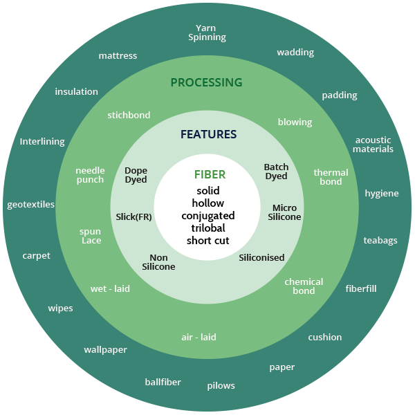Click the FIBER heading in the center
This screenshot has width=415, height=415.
tap(210, 175)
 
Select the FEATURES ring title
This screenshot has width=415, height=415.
tap(209, 134)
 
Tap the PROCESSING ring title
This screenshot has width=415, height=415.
tap(206, 82)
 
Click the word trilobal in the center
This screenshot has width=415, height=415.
tap(208, 228)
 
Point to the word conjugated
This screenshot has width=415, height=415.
tap(208, 216)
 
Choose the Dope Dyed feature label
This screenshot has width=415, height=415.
tap(136, 175)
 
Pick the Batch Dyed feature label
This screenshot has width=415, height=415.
tap(276, 172)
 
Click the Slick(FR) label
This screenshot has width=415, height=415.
tap(133, 217)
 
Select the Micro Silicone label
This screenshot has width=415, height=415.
tap(284, 212)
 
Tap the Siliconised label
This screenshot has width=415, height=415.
tap(261, 257)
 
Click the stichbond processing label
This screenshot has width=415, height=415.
tap(129, 115)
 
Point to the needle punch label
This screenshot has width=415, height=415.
tap(90, 175)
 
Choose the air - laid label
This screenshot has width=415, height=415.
tap(199, 338)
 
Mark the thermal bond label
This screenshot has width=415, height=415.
tap(331, 177)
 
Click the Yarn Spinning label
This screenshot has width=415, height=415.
tap(207, 33)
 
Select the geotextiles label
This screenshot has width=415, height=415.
tap(30, 205)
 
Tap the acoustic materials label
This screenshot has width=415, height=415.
tap(373, 145)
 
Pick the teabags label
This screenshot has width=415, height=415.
tap(380, 241)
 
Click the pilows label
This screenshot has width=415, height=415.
tap(221, 386)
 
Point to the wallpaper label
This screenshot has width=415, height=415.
tap(106, 350)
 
